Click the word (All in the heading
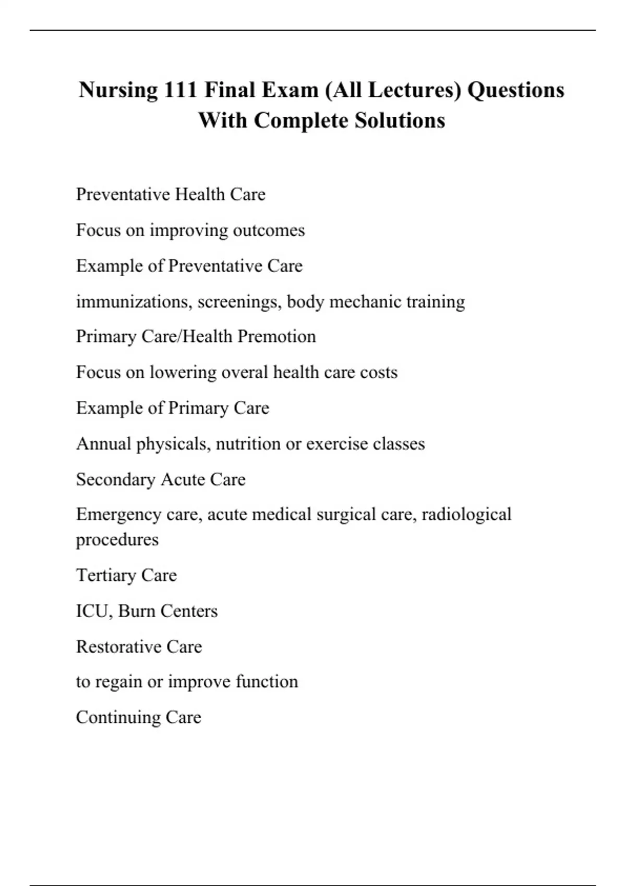(343, 90)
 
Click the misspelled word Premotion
(276, 337)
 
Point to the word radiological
(466, 514)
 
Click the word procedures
(117, 539)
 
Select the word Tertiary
(106, 575)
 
